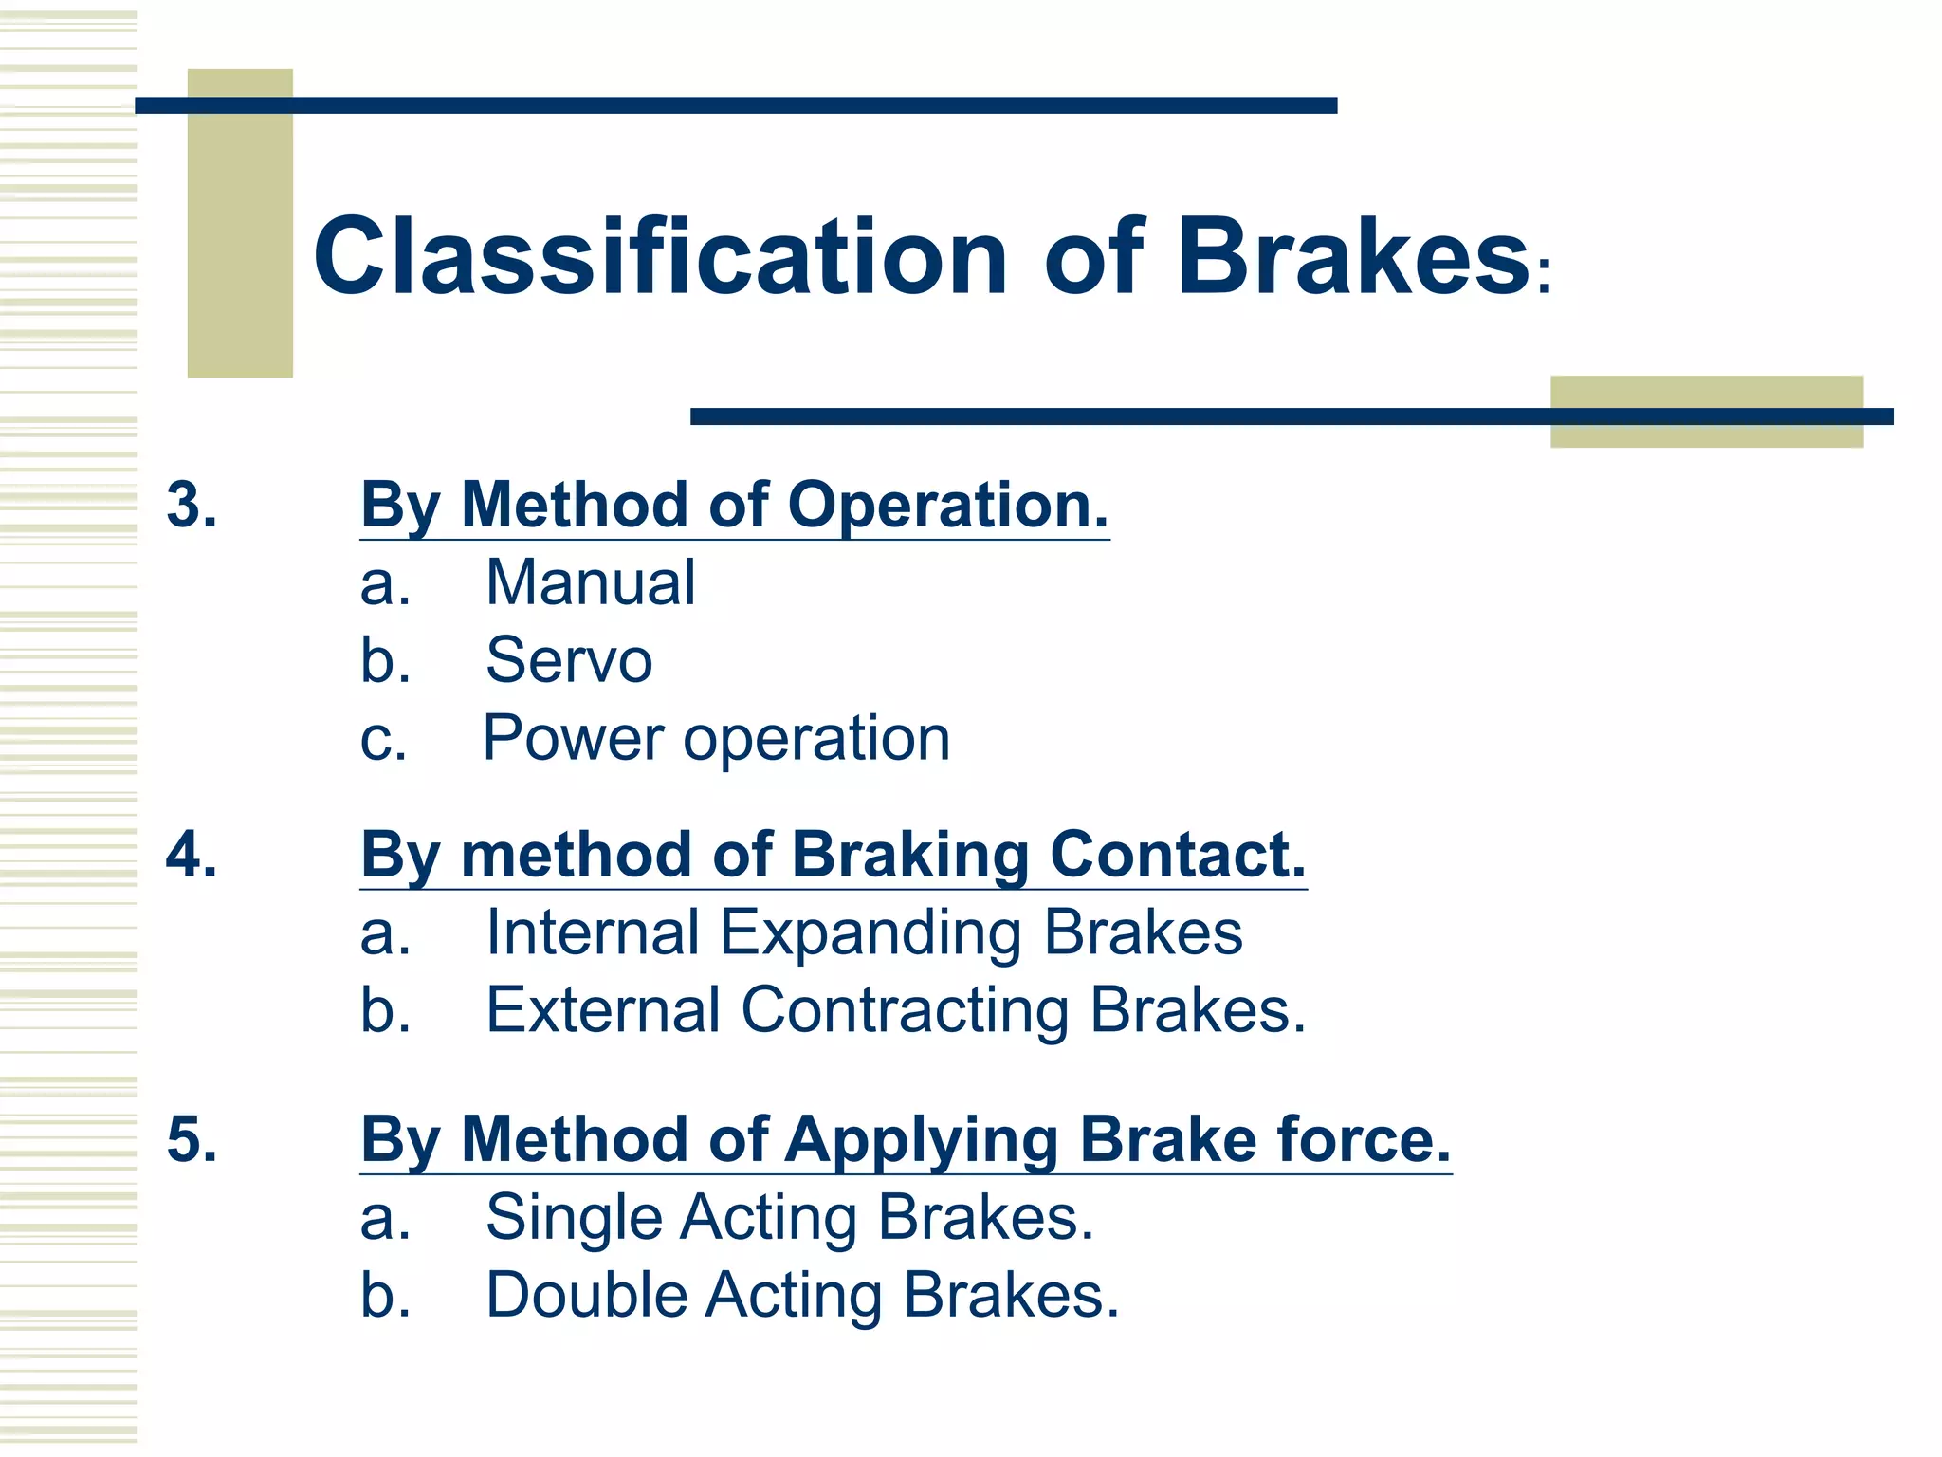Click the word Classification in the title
tap(660, 256)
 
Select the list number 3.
tap(192, 504)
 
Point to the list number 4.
tap(192, 854)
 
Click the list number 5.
tap(192, 1138)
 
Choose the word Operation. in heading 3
tap(947, 506)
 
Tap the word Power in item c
tap(573, 738)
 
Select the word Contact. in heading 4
tap(1178, 855)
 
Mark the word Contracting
tap(905, 1011)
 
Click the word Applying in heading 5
tap(921, 1141)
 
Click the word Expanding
tap(870, 933)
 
